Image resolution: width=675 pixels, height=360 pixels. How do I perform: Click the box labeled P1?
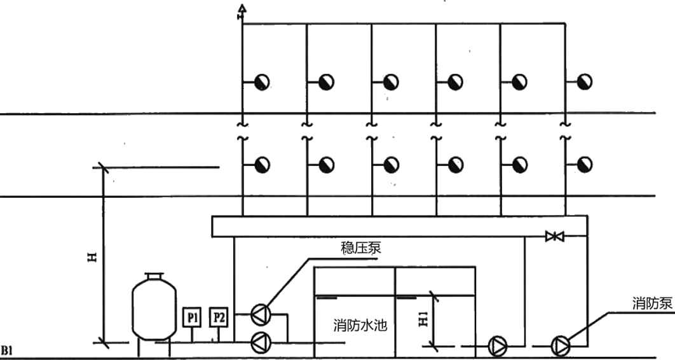191,317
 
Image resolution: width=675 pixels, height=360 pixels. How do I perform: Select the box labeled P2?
219,317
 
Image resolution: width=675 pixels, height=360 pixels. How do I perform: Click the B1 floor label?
7,350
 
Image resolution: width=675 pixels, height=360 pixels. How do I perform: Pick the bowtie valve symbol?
555,237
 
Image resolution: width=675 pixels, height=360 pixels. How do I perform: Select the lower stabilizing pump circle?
261,343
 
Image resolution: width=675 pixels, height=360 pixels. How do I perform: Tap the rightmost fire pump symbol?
561,345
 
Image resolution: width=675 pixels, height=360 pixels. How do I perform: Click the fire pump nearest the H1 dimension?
496,345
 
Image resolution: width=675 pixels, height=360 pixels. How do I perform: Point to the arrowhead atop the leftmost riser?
242,10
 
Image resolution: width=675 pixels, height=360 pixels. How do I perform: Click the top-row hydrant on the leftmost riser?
261,82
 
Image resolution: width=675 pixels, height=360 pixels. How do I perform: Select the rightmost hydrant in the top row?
583,82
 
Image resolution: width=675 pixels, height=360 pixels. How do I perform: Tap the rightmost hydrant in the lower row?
583,165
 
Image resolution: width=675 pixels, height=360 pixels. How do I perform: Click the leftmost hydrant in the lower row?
261,165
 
